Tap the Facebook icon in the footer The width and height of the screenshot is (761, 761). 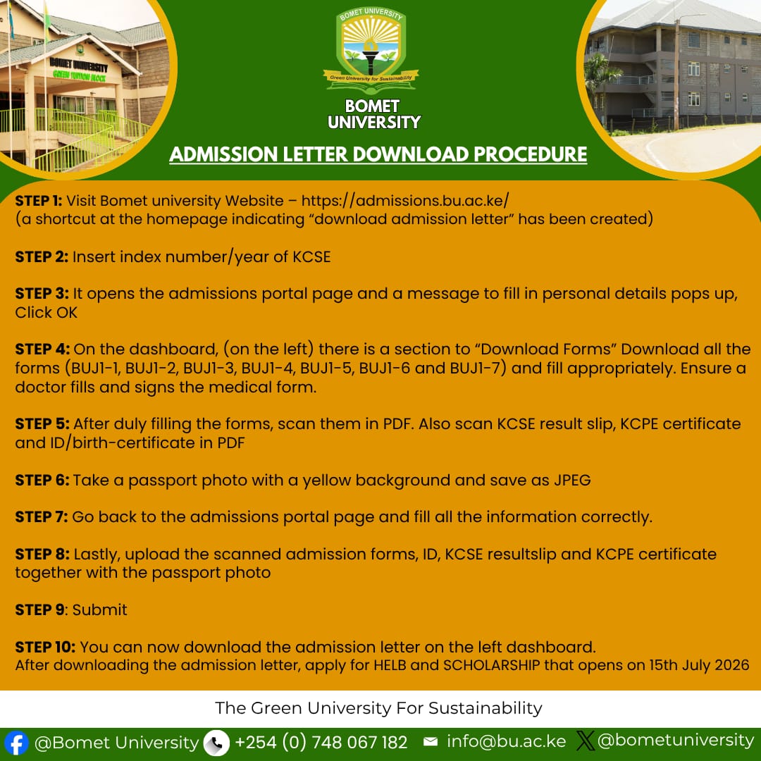coord(16,743)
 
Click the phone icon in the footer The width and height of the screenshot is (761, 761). coord(216,743)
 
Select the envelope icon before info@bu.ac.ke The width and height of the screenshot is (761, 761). coord(431,741)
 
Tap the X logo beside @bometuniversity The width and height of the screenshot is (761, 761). coord(586,741)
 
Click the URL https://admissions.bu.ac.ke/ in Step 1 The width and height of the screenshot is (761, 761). coord(405,201)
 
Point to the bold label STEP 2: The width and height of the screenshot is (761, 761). coord(42,256)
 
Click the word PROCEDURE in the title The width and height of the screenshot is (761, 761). coord(531,154)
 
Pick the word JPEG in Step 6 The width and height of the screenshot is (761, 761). coord(573,481)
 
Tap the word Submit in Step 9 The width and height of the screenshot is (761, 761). coord(99,610)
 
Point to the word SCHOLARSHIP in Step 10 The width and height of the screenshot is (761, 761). coord(491,665)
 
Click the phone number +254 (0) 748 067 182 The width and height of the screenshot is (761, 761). coord(321,742)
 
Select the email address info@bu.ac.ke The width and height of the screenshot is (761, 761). coord(506,741)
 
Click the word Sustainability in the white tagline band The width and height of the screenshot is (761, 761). coord(485,709)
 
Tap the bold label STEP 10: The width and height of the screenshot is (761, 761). coord(45,647)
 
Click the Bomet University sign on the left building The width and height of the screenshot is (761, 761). coord(79,65)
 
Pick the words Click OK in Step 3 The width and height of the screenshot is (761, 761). coord(46,313)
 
